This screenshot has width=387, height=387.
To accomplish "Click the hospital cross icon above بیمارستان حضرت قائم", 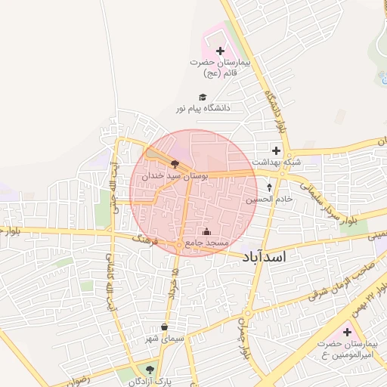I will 220,51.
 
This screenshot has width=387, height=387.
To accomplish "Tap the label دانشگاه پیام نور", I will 203,109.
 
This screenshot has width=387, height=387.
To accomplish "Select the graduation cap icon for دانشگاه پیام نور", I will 202,97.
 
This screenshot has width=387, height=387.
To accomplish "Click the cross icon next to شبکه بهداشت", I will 277,150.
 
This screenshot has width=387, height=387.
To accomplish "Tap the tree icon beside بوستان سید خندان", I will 175,163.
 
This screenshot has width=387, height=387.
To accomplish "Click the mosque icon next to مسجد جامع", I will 207,231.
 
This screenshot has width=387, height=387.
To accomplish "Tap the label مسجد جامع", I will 201,243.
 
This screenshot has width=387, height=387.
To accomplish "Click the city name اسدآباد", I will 265,258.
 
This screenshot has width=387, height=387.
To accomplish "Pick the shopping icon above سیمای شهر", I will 165,327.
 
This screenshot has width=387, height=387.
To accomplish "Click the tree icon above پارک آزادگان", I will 149,370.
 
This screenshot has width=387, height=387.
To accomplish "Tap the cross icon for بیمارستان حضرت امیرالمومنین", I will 347,333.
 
